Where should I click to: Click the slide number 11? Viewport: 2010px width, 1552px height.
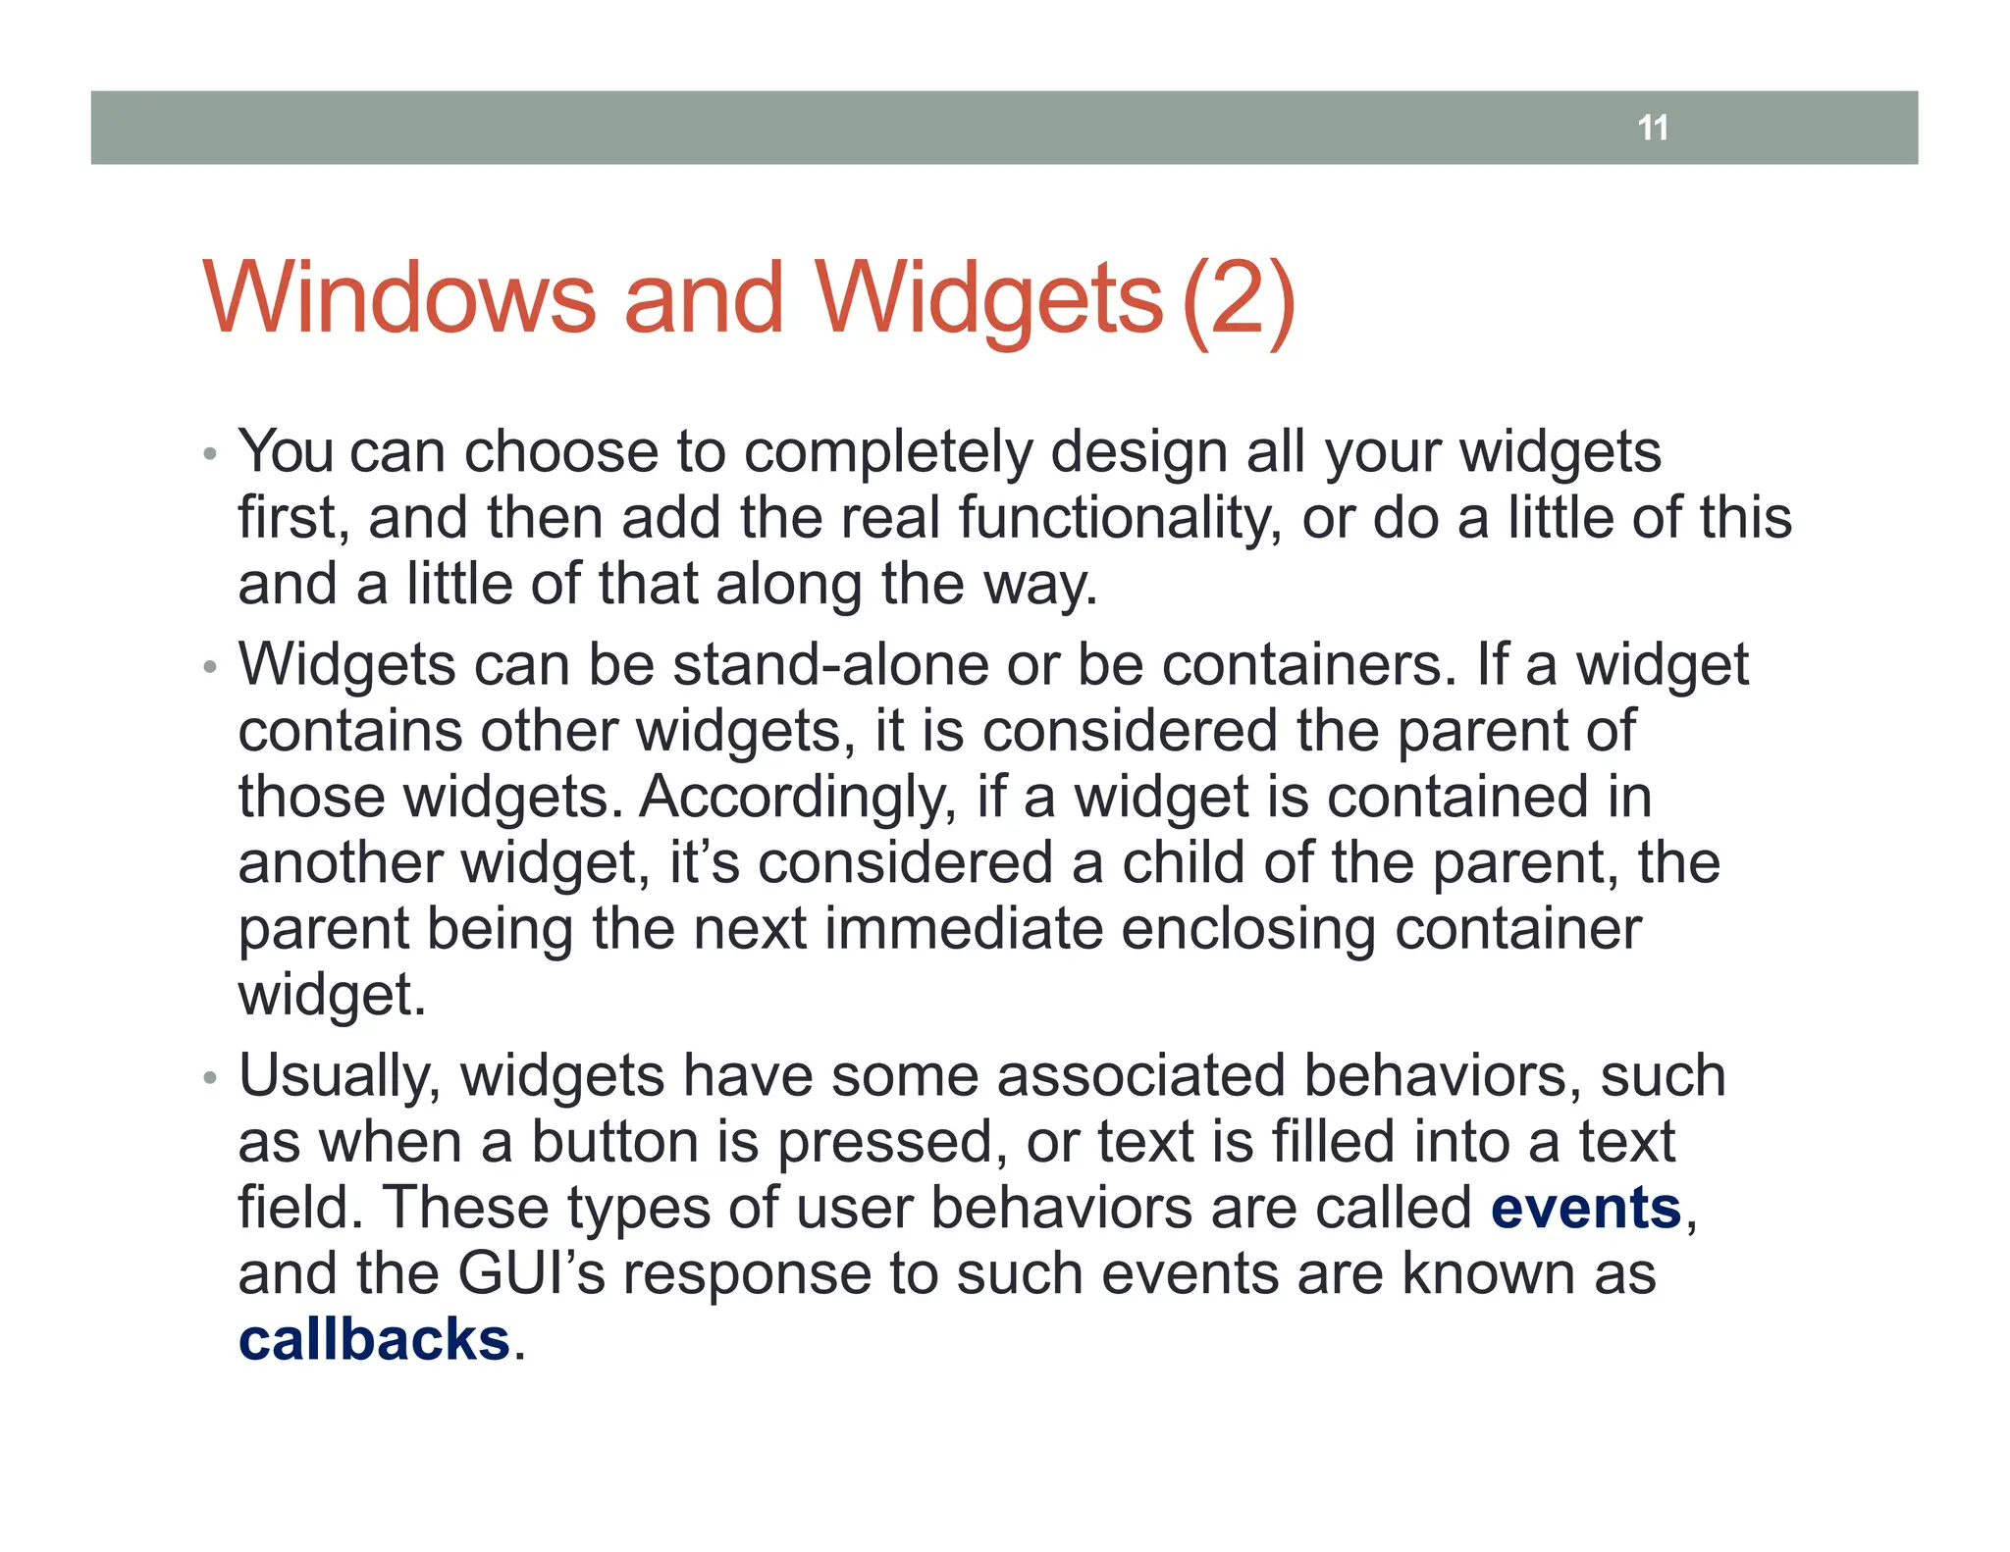click(1653, 128)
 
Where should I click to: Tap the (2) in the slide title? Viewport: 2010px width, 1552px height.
click(1239, 299)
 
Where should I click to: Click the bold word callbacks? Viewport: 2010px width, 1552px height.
click(374, 1339)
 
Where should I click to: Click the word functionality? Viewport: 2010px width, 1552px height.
click(1120, 518)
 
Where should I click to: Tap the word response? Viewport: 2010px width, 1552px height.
click(747, 1275)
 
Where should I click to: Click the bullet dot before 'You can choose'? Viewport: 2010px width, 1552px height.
click(208, 454)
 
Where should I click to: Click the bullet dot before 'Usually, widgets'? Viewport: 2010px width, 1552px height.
click(208, 1078)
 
